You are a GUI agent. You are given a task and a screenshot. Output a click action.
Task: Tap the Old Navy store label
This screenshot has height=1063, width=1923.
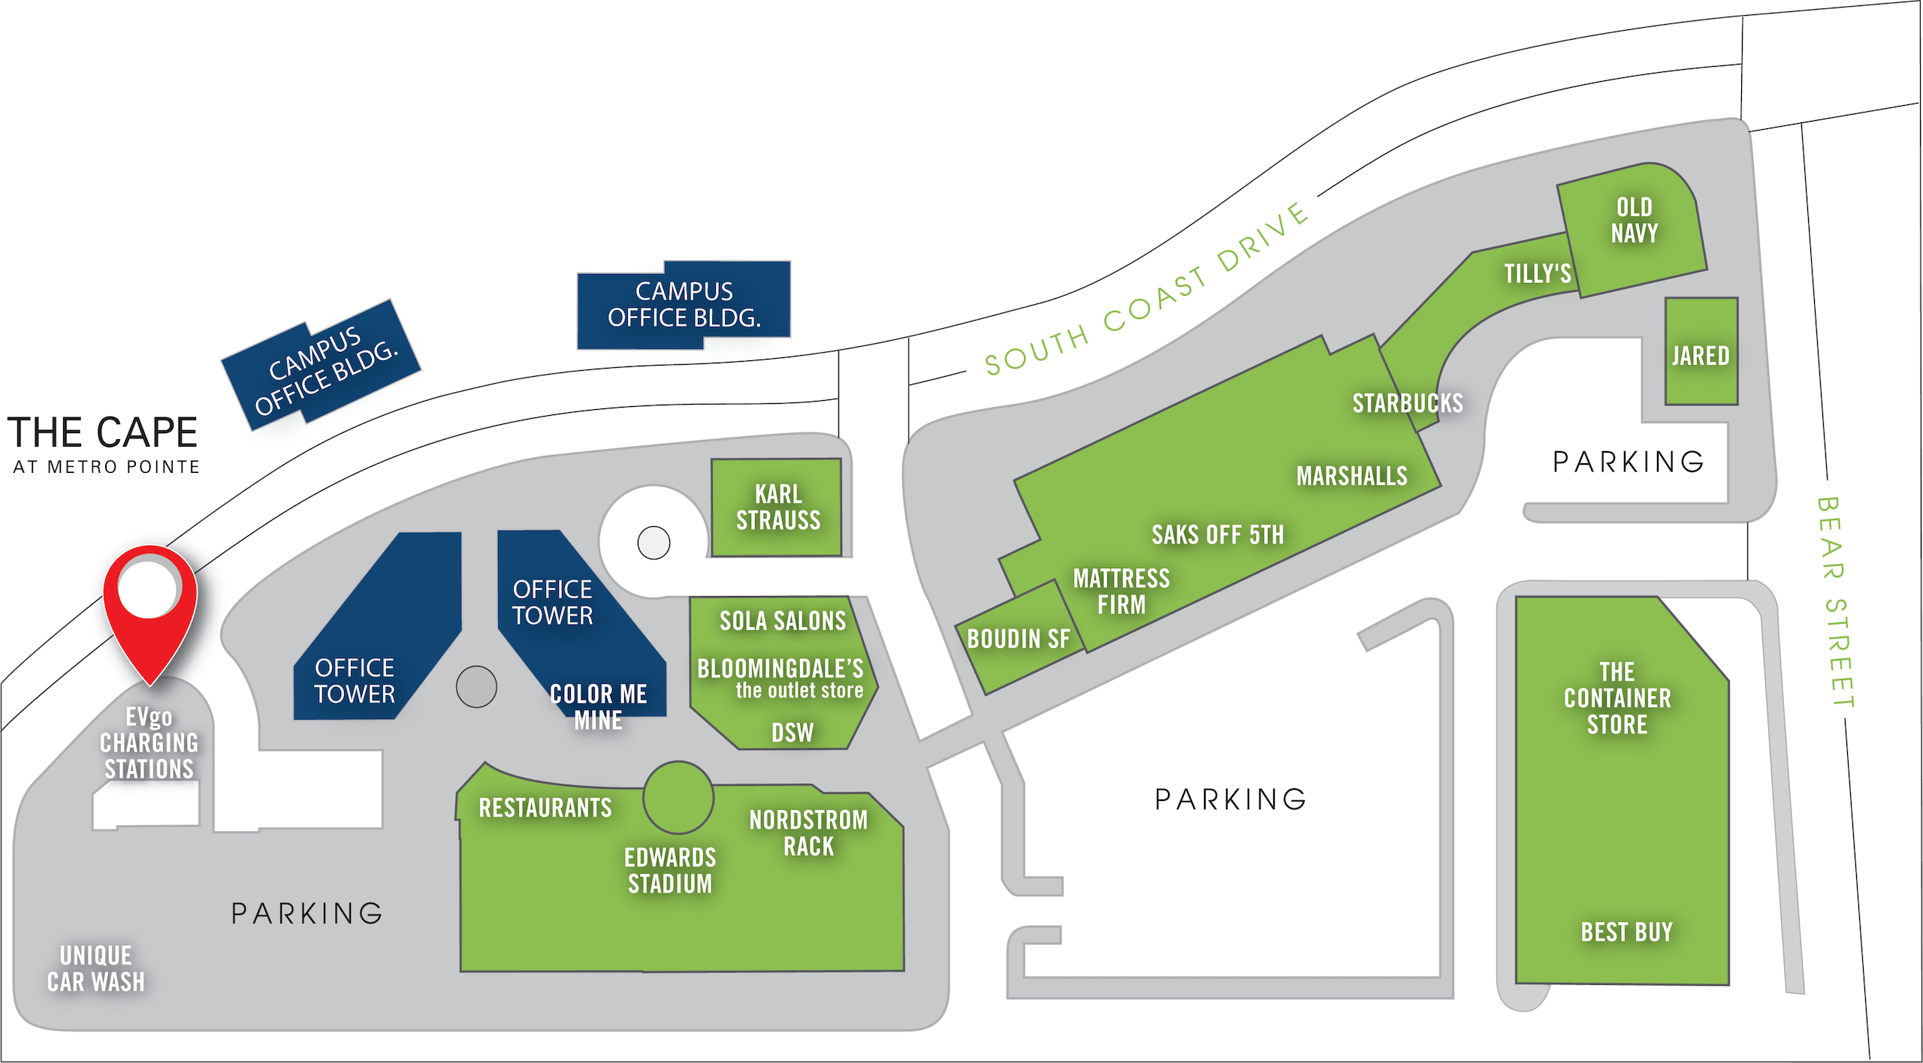pyautogui.click(x=1634, y=220)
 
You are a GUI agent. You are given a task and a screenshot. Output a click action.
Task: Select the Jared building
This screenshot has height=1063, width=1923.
pyautogui.click(x=1701, y=353)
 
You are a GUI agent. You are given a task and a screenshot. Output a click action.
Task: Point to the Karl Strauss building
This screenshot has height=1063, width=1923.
pyautogui.click(x=777, y=507)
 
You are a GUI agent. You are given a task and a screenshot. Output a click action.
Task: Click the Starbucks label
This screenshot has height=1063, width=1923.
pyautogui.click(x=1407, y=403)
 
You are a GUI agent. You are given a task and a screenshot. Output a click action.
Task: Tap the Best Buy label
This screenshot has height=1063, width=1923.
pyautogui.click(x=1626, y=932)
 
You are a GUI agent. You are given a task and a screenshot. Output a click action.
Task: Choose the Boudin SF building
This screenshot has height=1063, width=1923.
pyautogui.click(x=1018, y=640)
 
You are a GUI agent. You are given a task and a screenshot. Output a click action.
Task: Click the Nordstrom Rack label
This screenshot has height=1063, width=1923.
pyautogui.click(x=808, y=833)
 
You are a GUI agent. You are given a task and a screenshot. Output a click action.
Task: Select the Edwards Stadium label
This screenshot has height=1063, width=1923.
pyautogui.click(x=670, y=871)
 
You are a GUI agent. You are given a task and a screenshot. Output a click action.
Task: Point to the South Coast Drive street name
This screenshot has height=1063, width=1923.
pyautogui.click(x=1147, y=293)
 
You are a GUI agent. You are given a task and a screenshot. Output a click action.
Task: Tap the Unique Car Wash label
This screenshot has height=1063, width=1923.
pyautogui.click(x=95, y=968)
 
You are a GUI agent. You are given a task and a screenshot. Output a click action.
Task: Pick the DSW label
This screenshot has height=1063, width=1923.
pyautogui.click(x=792, y=733)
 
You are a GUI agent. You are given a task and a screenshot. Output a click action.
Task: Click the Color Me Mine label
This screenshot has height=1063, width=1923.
pyautogui.click(x=599, y=706)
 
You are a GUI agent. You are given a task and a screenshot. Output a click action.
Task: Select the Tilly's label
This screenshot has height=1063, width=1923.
pyautogui.click(x=1537, y=273)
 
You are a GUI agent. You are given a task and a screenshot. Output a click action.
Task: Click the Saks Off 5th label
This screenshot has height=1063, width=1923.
pyautogui.click(x=1218, y=535)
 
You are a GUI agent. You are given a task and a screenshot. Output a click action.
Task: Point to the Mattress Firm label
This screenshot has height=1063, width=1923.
pyautogui.click(x=1121, y=592)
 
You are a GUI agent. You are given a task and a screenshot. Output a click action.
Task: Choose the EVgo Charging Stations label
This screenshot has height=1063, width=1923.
pyautogui.click(x=149, y=743)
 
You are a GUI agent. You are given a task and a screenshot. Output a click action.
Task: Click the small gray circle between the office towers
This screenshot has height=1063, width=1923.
pyautogui.click(x=476, y=686)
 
